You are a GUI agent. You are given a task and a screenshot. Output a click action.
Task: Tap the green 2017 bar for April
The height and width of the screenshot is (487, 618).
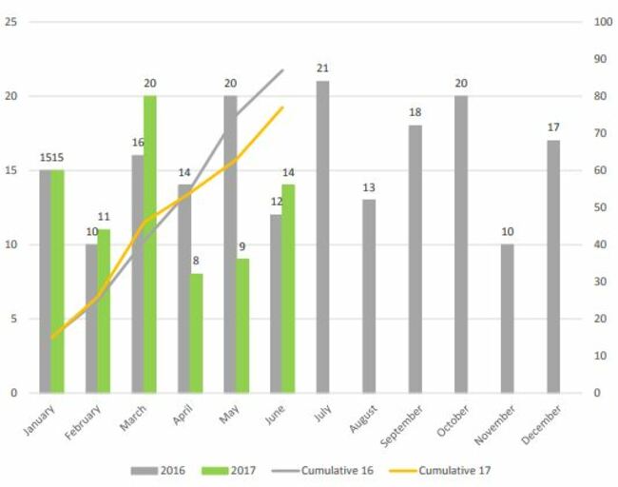(196, 333)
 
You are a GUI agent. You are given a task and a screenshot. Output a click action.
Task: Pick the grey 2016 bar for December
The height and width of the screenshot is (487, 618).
(553, 266)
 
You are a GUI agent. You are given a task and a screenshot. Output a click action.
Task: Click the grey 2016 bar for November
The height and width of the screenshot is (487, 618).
(508, 318)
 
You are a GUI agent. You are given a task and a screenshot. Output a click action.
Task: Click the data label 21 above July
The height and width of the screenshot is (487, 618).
(323, 68)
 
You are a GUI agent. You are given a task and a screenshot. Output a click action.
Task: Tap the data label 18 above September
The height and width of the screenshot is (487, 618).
(415, 112)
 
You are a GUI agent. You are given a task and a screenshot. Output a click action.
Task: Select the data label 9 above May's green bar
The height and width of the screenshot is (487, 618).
(242, 246)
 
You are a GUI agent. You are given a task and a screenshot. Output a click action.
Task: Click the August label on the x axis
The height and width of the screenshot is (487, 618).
(364, 419)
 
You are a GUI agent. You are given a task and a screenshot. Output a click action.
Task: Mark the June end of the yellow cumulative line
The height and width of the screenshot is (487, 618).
(282, 107)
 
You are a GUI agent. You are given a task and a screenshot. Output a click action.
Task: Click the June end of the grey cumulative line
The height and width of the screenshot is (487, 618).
(282, 70)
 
